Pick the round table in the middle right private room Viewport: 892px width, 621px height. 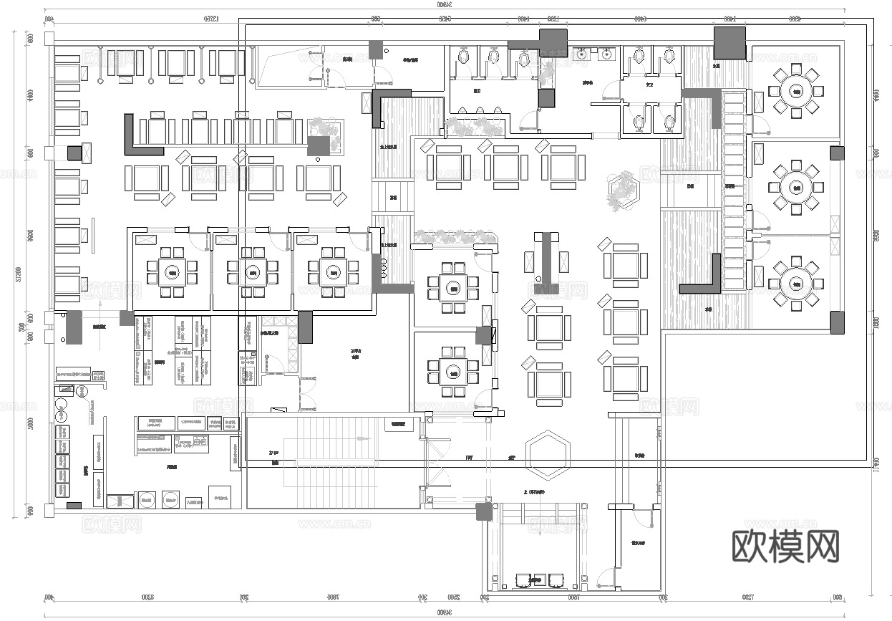pos(795,187)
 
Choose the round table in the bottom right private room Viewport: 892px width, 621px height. pos(795,284)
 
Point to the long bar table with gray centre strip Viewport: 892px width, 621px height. pos(548,256)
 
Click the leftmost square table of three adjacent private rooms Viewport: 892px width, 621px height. pos(172,272)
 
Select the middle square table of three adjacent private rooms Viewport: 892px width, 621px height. pos(253,272)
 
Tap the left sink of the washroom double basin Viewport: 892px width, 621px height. pos(583,52)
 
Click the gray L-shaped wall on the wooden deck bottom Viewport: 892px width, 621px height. pos(705,279)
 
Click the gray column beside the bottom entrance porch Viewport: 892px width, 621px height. pos(485,511)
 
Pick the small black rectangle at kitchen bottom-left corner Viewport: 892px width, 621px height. pos(74,506)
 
